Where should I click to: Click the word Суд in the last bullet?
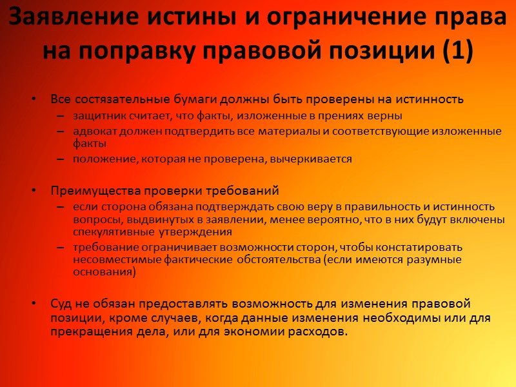point(61,304)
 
